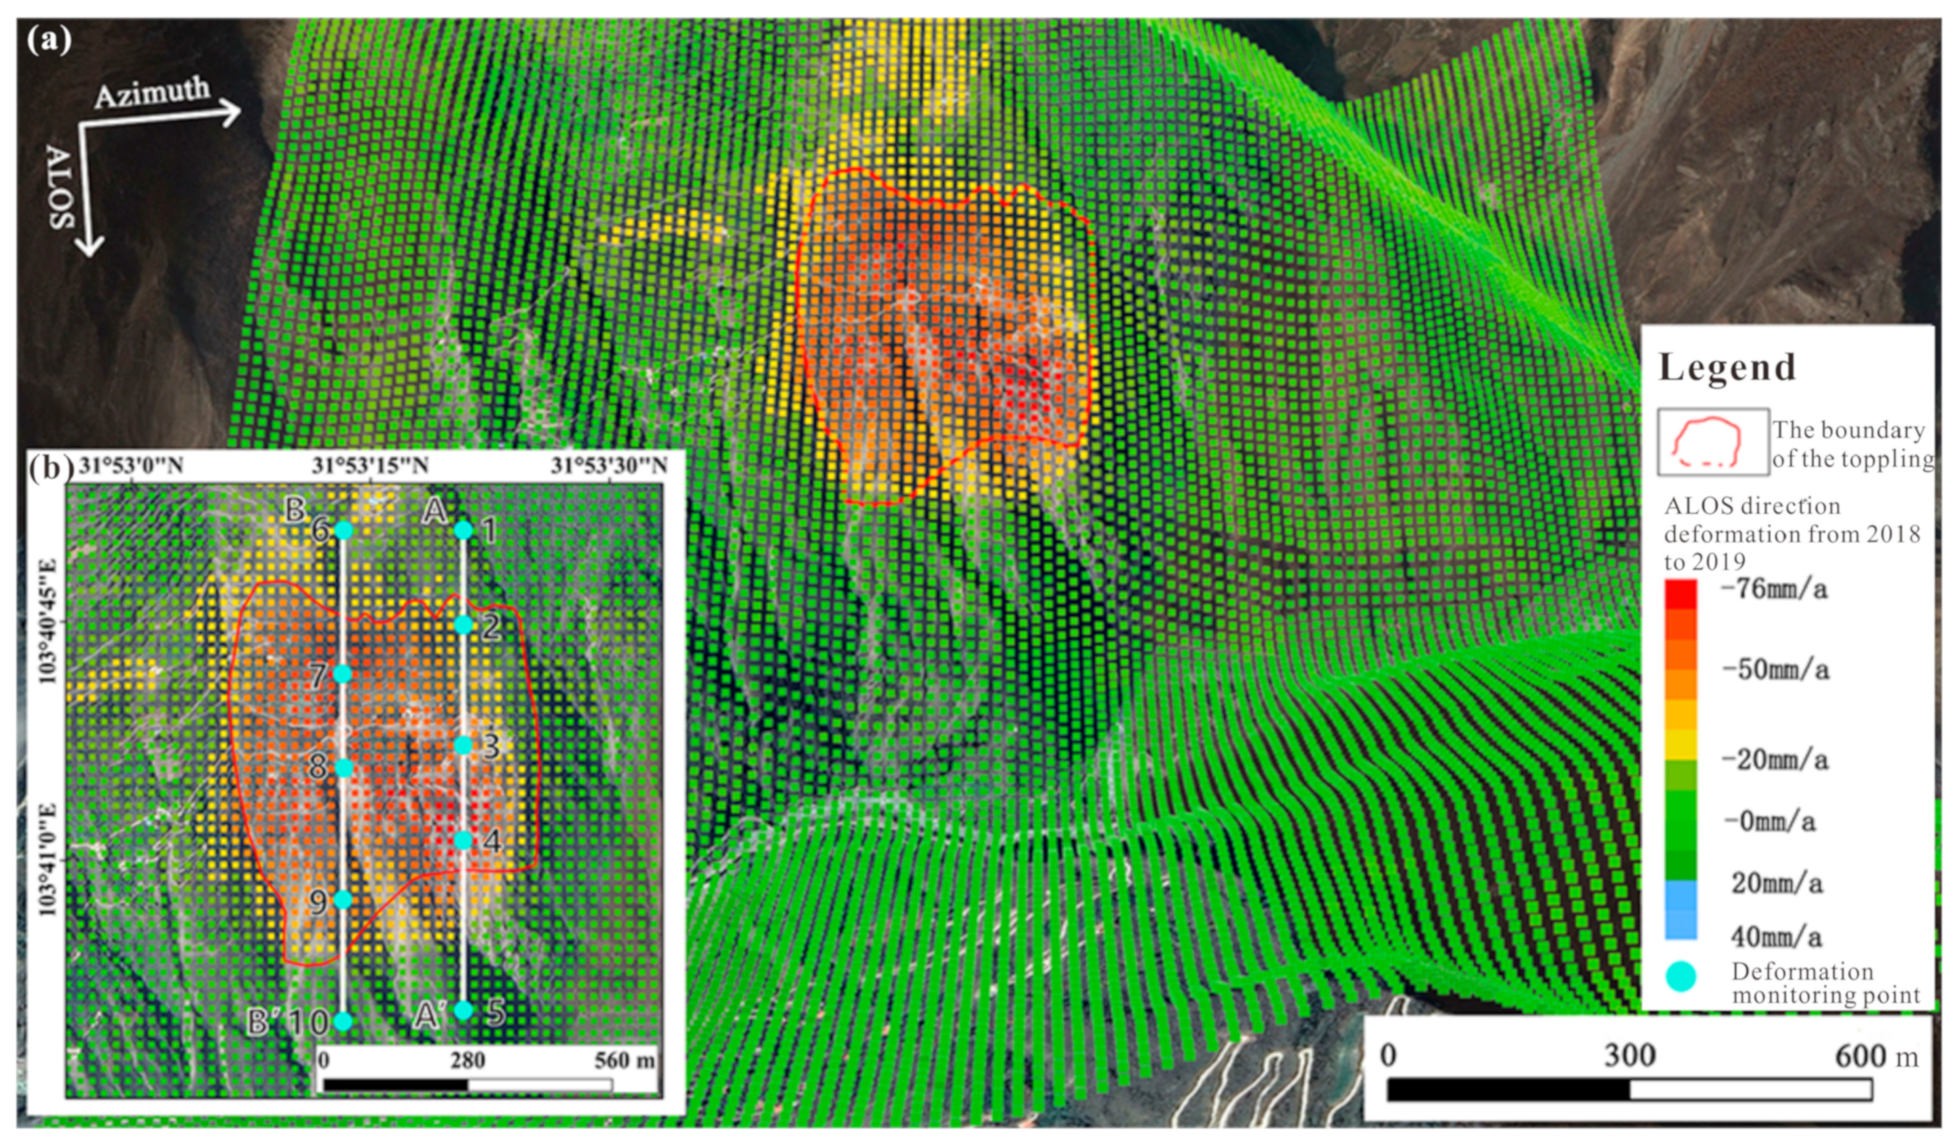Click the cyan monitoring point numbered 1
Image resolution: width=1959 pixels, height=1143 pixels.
pos(463,531)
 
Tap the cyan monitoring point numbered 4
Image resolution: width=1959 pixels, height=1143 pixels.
pos(463,841)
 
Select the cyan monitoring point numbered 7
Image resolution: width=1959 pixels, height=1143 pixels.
pos(343,673)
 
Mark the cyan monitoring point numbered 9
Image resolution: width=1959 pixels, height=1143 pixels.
pos(343,899)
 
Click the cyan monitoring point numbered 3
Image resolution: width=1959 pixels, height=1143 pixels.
pos(463,745)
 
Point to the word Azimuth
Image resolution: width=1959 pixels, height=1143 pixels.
pos(152,93)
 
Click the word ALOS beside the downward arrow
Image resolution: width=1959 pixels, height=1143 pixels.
pos(62,186)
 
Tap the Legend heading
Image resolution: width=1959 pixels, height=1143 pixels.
pos(1727,367)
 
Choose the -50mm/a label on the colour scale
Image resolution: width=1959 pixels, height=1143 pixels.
pos(1775,670)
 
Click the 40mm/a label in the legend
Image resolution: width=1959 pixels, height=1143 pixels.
pos(1776,937)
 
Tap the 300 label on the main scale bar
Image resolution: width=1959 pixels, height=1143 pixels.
pos(1630,1055)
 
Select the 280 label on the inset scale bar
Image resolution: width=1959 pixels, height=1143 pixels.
pos(468,1060)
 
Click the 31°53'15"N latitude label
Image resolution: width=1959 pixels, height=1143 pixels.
pos(371,465)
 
